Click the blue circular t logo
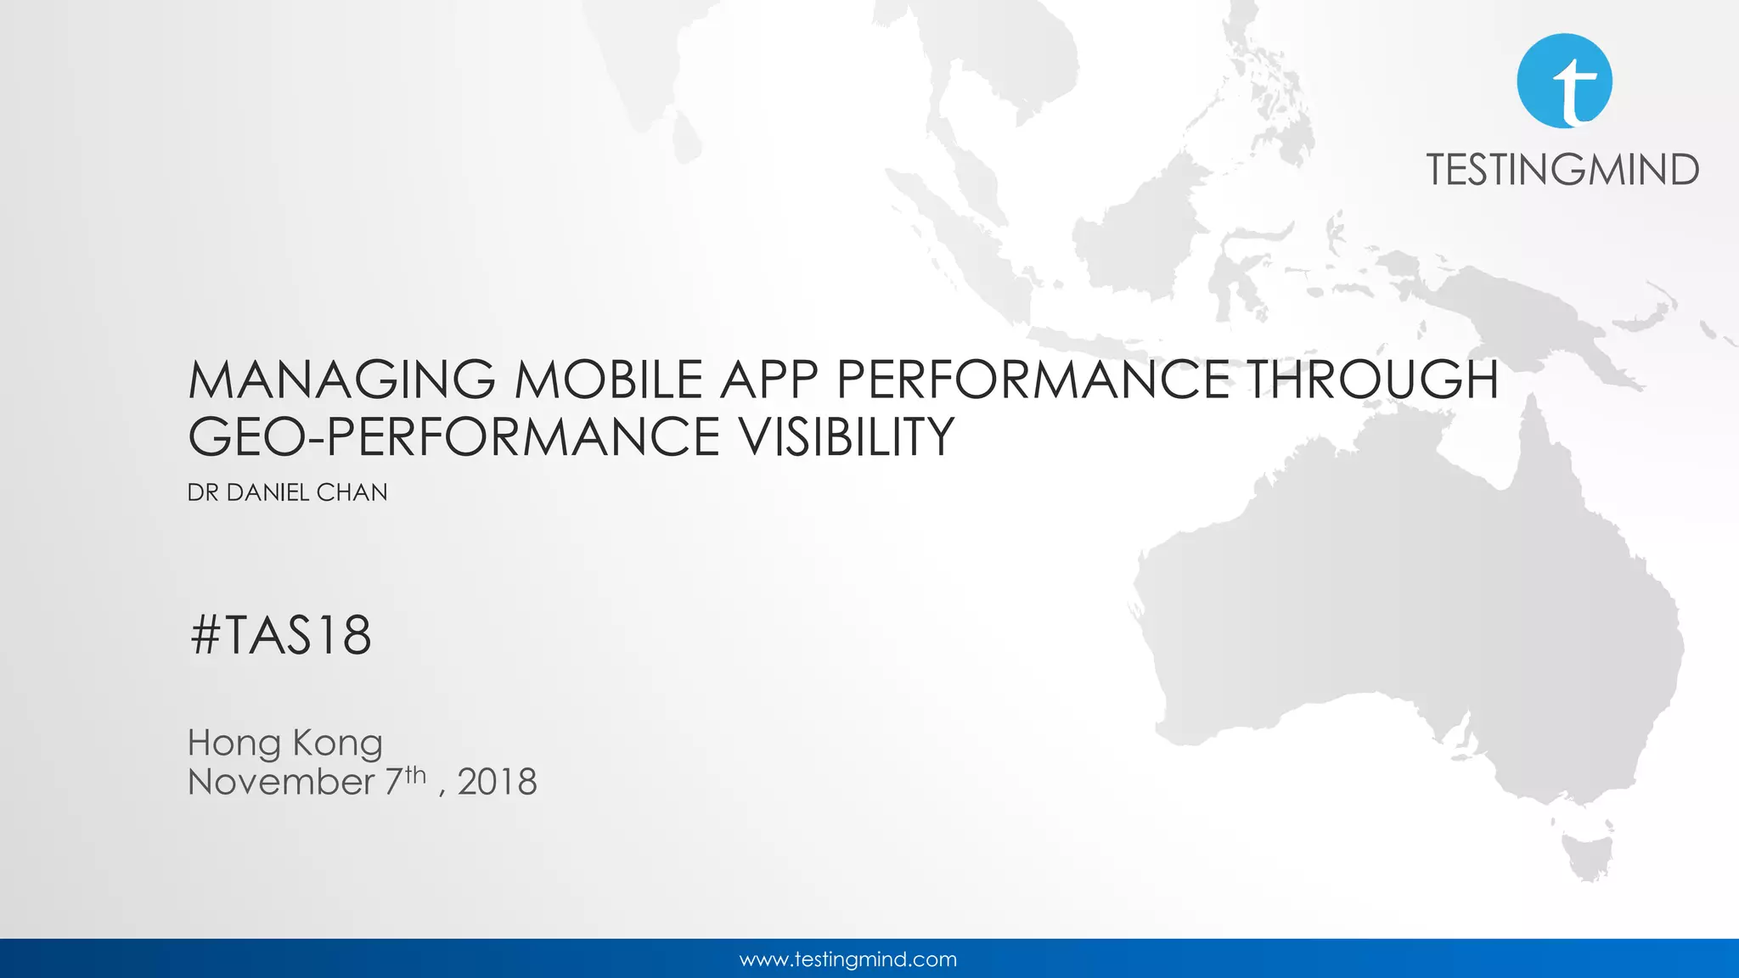click(1564, 81)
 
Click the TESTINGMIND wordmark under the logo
click(1562, 170)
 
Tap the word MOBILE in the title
click(608, 379)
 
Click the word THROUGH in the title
click(1372, 379)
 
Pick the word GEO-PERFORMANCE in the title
click(453, 437)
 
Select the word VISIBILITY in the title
click(846, 437)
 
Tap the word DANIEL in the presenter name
click(267, 492)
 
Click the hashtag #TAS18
click(281, 635)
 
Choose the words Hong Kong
click(285, 743)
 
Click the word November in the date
click(281, 782)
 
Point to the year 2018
click(497, 782)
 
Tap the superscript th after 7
click(415, 773)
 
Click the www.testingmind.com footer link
click(848, 959)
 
